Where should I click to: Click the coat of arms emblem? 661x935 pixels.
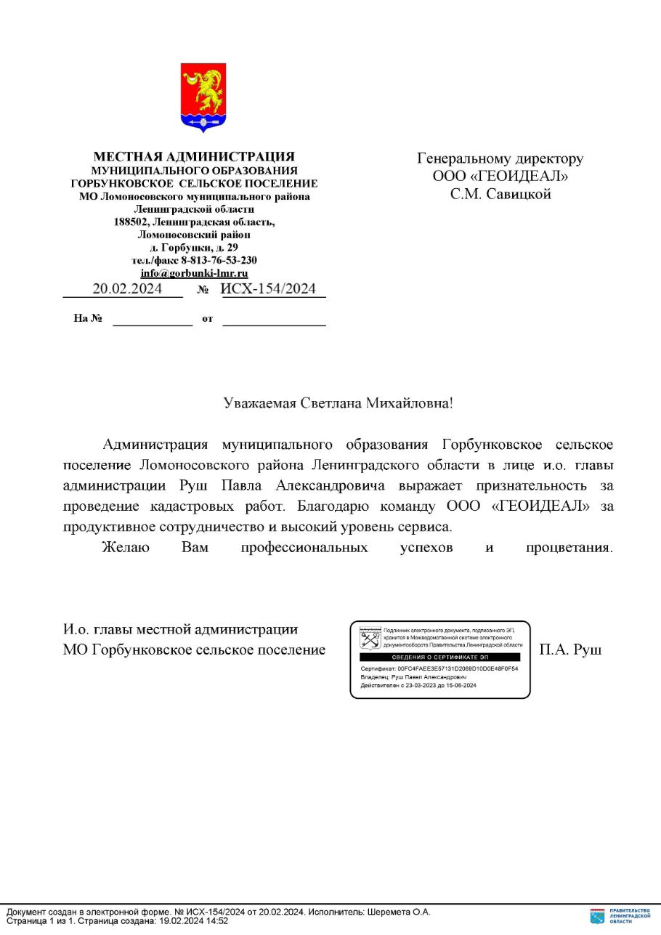203,97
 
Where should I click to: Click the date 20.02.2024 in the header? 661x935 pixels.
127,288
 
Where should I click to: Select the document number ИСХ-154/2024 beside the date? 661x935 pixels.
269,288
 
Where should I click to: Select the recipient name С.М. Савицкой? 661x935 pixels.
500,194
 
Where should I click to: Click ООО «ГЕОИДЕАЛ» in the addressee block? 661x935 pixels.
500,177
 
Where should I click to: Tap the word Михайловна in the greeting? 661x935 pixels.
407,402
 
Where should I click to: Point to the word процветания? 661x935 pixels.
569,547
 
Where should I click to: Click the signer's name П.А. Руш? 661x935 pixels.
570,649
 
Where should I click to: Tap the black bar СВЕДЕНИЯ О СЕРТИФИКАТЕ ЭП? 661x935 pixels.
440,657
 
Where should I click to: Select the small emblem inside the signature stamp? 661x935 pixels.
370,639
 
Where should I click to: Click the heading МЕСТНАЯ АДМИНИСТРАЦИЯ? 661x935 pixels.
194,156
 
